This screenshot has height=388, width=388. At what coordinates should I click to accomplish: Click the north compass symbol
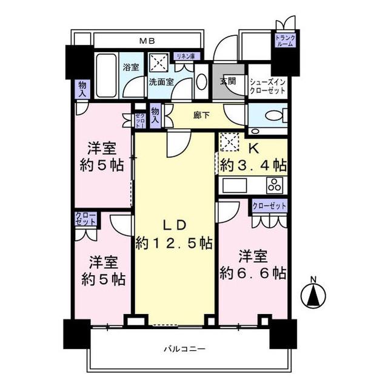313,293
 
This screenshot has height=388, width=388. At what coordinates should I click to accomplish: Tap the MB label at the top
147,41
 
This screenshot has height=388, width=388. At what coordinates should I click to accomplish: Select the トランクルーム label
286,41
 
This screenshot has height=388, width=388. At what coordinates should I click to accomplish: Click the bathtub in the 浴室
107,75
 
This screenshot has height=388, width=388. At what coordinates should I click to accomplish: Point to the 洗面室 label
161,82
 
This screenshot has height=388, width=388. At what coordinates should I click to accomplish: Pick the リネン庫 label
187,56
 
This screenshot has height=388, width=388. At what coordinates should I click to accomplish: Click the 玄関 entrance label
228,81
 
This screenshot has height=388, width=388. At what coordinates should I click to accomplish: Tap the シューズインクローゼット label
267,86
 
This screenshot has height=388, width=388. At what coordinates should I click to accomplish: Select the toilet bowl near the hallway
275,116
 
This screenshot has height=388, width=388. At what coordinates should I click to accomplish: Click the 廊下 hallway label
202,115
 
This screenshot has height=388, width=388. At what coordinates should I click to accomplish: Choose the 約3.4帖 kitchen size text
253,165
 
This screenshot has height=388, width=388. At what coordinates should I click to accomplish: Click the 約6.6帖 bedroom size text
253,273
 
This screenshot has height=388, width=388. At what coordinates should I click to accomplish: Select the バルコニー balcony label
184,349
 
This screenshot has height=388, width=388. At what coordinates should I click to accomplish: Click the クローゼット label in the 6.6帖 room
269,206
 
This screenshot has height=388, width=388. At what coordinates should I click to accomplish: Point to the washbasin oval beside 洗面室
202,81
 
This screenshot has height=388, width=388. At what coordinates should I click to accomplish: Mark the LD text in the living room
174,225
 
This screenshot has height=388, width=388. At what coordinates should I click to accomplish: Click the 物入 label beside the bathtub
82,89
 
